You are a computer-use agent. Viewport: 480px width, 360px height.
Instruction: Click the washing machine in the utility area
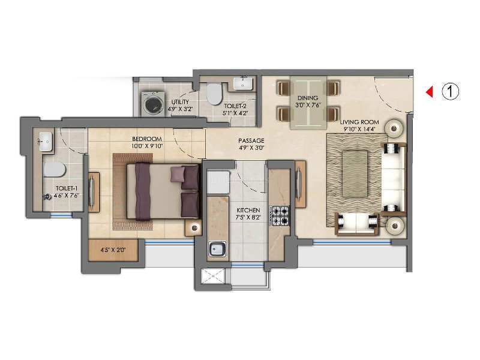click(152, 104)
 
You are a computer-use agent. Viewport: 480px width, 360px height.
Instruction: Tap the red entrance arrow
click(430, 92)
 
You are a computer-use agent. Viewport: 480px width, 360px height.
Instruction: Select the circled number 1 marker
click(451, 91)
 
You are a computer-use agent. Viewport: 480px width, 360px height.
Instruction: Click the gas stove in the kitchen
click(280, 216)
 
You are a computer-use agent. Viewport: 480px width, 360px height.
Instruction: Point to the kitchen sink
click(217, 248)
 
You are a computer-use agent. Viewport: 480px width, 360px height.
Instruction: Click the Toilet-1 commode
click(55, 170)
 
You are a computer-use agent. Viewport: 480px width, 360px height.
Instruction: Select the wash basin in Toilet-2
click(243, 83)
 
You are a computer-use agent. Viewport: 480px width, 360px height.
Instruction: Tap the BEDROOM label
click(147, 139)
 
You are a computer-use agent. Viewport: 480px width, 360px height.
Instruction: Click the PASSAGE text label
click(251, 140)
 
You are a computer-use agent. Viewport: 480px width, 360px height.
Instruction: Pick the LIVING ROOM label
click(359, 122)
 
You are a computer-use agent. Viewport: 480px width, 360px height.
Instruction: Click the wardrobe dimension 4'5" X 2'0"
click(113, 250)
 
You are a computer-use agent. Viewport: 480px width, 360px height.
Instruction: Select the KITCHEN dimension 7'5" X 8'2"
click(248, 217)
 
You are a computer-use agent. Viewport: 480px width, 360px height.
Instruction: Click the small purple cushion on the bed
click(178, 175)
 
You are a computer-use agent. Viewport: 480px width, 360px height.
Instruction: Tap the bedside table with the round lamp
click(193, 228)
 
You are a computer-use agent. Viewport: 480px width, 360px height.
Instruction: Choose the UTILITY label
click(180, 102)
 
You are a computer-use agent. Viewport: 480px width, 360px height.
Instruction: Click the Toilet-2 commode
click(214, 94)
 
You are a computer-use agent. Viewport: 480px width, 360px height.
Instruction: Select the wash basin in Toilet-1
click(46, 142)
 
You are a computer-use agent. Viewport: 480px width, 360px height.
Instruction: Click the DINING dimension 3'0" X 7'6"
click(308, 105)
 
